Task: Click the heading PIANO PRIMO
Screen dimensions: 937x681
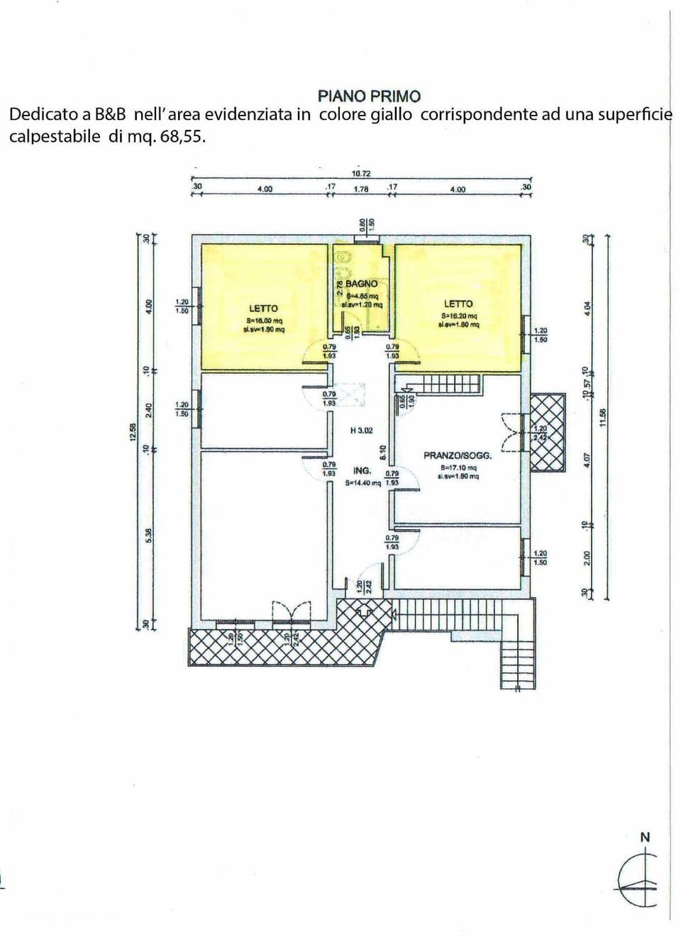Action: point(369,96)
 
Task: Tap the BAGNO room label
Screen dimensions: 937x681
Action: point(361,284)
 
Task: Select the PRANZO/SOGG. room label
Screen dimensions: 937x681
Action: point(458,455)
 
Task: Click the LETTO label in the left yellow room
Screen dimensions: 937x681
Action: point(263,309)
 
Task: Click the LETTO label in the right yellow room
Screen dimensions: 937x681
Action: point(458,304)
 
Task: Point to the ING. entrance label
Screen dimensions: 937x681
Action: point(362,471)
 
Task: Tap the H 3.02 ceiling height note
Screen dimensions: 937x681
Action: point(361,431)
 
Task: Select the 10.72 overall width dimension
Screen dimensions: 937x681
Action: point(361,174)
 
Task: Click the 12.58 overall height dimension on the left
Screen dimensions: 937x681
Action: point(132,432)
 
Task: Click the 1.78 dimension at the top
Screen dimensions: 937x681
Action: point(361,189)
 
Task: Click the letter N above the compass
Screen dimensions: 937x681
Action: point(645,838)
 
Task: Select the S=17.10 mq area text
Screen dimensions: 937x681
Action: point(458,468)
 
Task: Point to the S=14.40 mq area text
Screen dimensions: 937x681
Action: point(362,483)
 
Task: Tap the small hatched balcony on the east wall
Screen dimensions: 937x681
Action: point(548,432)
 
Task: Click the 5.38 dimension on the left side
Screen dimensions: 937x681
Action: point(148,536)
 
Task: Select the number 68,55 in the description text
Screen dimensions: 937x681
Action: point(183,137)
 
